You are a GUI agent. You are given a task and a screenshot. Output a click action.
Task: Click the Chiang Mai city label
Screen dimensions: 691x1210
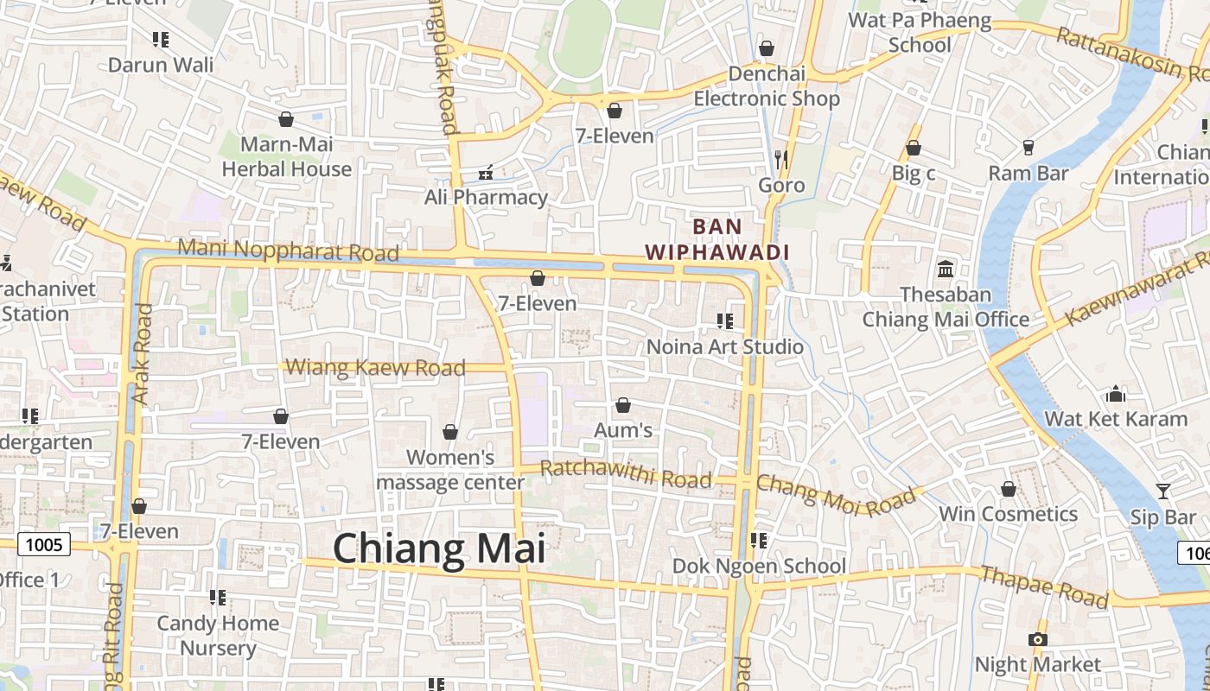[x=439, y=549]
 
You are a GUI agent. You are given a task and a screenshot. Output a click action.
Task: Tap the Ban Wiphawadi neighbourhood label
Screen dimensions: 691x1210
[x=717, y=239]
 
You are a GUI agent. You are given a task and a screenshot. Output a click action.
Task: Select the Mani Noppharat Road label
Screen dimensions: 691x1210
[x=288, y=250]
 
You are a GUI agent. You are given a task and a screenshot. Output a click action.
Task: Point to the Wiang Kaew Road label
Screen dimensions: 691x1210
[x=375, y=368]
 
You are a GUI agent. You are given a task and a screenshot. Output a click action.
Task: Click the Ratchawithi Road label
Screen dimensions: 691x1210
[x=626, y=475]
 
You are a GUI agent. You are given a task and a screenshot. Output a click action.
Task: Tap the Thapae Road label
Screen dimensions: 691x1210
[x=1044, y=586]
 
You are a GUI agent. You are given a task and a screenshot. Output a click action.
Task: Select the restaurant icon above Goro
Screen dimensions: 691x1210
[x=781, y=159]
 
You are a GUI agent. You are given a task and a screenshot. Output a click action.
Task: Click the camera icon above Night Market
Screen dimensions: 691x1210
[x=1037, y=639]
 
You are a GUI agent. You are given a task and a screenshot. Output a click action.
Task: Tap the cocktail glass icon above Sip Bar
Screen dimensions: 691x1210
[x=1163, y=491]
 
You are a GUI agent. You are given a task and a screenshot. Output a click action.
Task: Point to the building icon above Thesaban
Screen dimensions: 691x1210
[x=946, y=269]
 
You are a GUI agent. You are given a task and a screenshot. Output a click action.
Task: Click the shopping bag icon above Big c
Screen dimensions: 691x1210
[x=913, y=148]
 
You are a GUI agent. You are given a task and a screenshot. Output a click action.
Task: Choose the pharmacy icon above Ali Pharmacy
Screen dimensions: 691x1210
[x=486, y=172]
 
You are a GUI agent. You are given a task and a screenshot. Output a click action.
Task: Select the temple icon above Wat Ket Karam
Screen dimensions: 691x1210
[x=1116, y=394]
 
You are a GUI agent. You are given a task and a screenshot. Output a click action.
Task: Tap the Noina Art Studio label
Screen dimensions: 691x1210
[x=725, y=347]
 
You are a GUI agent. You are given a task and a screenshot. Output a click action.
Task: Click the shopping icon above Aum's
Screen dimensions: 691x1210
[x=622, y=404]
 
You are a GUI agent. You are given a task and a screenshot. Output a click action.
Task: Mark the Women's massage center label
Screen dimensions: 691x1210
[x=450, y=470]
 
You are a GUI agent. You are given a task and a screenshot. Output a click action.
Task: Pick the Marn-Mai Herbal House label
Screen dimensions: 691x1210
[x=287, y=156]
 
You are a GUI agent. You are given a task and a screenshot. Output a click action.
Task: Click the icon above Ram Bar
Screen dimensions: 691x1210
[x=1028, y=148]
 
